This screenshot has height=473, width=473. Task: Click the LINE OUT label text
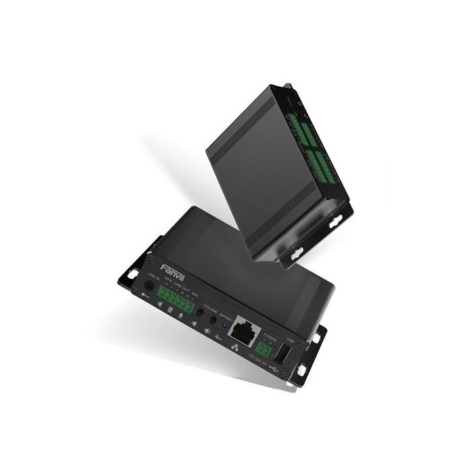[x=181, y=287]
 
